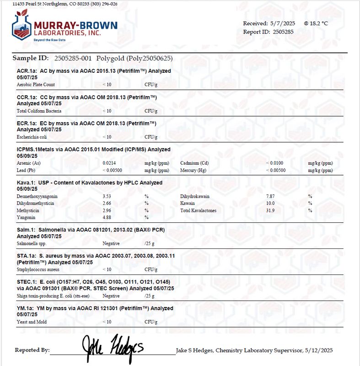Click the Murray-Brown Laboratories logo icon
[x=21, y=27]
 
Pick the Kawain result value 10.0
[x=270, y=203]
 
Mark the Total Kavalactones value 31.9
[x=270, y=210]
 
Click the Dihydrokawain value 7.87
[x=270, y=196]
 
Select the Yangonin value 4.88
[x=107, y=217]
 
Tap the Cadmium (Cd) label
[x=194, y=163]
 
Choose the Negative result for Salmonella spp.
[x=111, y=244]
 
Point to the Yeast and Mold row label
[x=32, y=322]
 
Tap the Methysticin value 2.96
[x=107, y=210]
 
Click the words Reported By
[x=32, y=350]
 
